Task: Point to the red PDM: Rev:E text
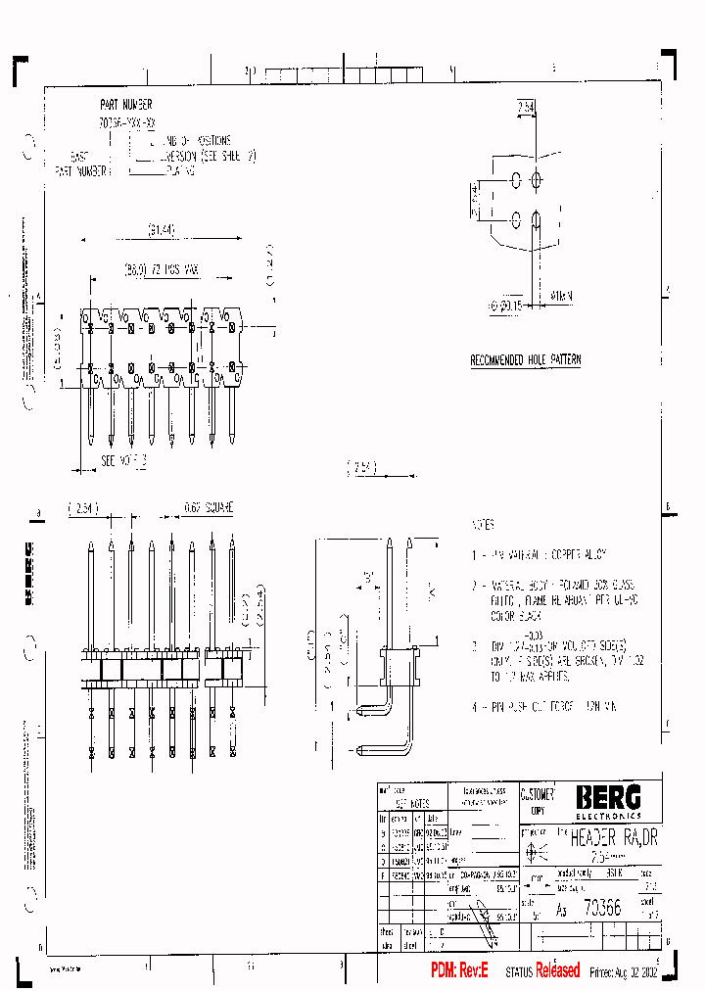point(464,970)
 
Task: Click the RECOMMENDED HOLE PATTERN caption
point(525,360)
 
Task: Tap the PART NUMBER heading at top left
point(125,104)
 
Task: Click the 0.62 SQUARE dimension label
point(209,508)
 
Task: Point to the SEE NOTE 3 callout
point(123,459)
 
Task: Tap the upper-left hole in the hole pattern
point(515,181)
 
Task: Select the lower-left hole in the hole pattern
point(515,218)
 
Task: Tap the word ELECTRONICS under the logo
point(608,815)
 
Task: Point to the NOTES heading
point(483,525)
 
